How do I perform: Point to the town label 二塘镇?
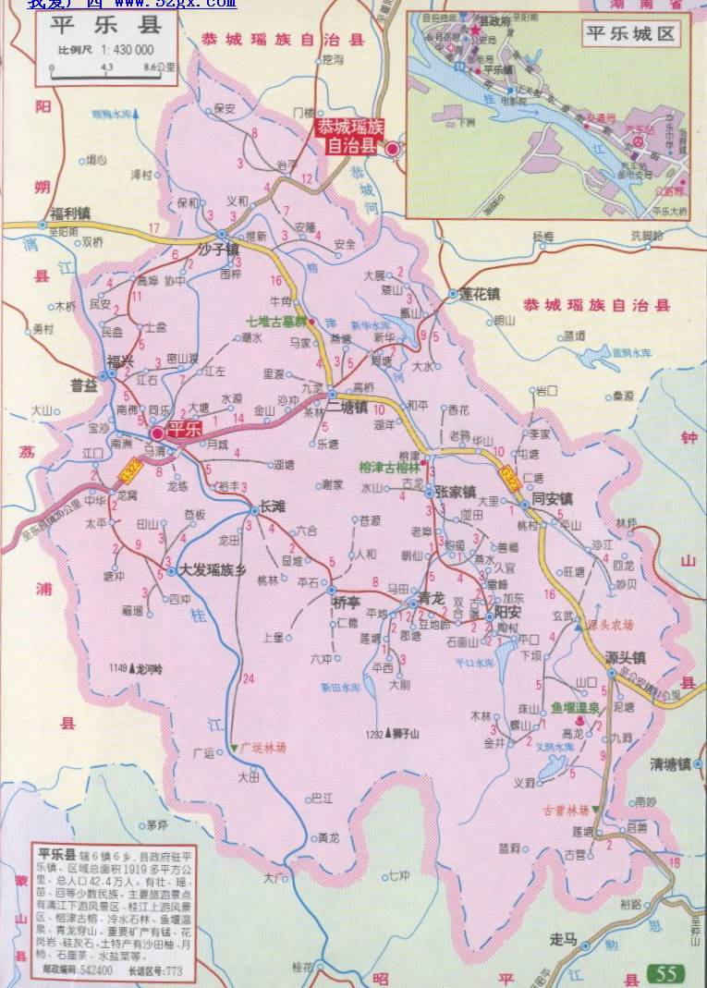[347, 408]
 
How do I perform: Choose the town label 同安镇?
[552, 500]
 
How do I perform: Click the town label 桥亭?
[347, 602]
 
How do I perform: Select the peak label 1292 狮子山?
[392, 734]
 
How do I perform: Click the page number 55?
[666, 972]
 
